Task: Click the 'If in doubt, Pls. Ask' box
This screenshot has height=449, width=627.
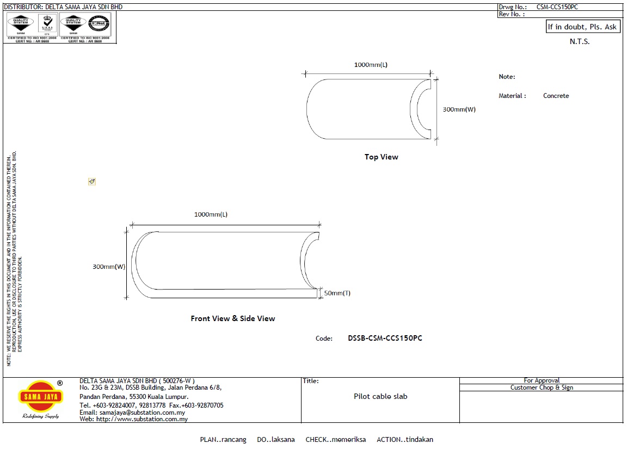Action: tap(582, 27)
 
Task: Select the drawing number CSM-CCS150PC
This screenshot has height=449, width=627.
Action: tap(557, 7)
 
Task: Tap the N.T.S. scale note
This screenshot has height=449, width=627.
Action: tap(579, 42)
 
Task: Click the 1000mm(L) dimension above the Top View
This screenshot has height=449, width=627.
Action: tap(371, 65)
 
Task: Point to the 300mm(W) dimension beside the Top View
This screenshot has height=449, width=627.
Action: tap(459, 109)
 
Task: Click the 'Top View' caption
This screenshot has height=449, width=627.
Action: tap(381, 157)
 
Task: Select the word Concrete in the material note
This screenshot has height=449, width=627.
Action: tap(556, 96)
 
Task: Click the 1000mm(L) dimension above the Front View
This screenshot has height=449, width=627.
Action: tap(211, 214)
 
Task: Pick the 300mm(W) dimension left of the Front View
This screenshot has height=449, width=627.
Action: tap(109, 267)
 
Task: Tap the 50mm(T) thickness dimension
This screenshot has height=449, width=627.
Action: tap(337, 293)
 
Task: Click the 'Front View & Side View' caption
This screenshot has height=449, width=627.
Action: tap(232, 318)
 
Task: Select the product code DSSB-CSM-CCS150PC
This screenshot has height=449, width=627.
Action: tap(385, 338)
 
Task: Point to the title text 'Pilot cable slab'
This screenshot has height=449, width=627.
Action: tap(380, 396)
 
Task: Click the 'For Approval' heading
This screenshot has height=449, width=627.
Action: tap(541, 380)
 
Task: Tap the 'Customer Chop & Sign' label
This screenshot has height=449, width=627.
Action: tap(541, 388)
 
